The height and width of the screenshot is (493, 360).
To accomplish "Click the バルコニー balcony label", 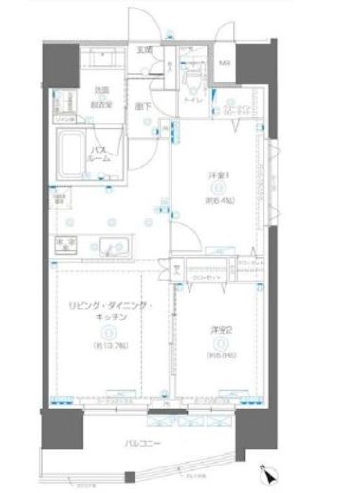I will tap(144, 442).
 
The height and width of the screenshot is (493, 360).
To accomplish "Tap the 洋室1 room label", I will tap(215, 175).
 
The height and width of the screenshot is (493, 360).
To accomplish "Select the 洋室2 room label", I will tap(218, 329).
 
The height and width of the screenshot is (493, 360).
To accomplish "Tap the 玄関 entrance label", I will tap(144, 50).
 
